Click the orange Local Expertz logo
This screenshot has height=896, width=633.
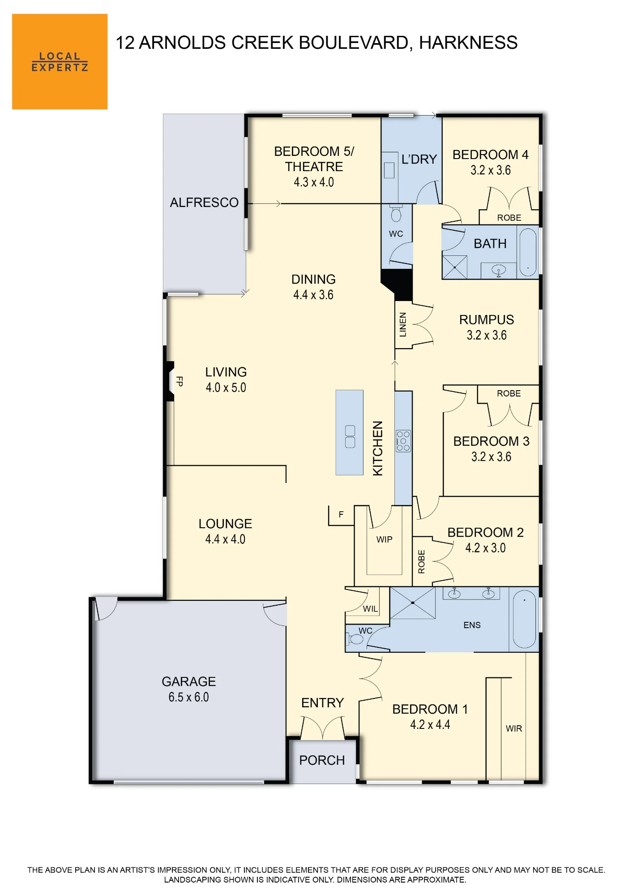tap(60, 61)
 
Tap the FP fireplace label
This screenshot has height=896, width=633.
tap(180, 381)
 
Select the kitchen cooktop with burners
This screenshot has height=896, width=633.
tap(403, 441)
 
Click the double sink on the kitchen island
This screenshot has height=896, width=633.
tap(350, 436)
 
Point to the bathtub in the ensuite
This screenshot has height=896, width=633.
tap(524, 619)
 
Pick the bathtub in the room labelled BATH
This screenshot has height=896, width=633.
tap(528, 253)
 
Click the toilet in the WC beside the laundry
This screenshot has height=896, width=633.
tap(396, 214)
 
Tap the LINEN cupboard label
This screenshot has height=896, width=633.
tap(403, 324)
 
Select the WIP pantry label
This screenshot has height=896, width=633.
tap(384, 539)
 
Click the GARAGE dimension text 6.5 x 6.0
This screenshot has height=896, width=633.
tap(188, 697)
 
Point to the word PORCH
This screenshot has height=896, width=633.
tap(322, 760)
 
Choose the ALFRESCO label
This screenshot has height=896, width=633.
tap(204, 202)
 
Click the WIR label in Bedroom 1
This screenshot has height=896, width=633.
tap(514, 728)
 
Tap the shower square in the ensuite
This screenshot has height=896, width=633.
tap(412, 603)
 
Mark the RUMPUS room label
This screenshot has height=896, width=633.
tap(487, 319)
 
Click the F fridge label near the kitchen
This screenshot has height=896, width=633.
tap(341, 514)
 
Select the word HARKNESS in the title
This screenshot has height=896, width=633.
tap(468, 43)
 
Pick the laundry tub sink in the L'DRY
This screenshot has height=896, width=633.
tap(389, 170)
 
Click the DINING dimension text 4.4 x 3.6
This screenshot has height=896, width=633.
tap(313, 295)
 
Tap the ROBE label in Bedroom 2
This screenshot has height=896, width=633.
tap(421, 562)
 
